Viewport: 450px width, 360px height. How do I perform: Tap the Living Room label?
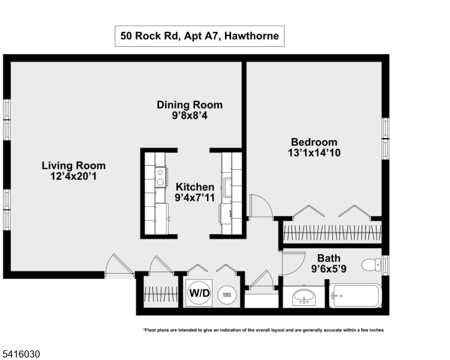(x=73, y=166)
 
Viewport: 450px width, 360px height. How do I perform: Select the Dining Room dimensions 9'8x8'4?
(x=190, y=116)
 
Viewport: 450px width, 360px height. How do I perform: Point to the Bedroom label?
(x=314, y=142)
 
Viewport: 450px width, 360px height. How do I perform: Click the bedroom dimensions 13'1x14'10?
(x=314, y=153)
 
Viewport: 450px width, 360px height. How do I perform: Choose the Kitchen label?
(x=194, y=187)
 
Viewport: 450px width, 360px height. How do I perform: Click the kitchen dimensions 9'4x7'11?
(x=194, y=197)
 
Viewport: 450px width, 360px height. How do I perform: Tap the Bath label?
(x=329, y=258)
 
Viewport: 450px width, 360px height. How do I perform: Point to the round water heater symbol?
(x=227, y=295)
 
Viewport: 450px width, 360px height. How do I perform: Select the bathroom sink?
(x=304, y=297)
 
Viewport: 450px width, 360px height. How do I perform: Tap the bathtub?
(x=355, y=296)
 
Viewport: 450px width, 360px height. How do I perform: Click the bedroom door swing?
(x=260, y=207)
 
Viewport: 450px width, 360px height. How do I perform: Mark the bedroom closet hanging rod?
(x=332, y=233)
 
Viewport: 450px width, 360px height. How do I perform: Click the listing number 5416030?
(x=20, y=355)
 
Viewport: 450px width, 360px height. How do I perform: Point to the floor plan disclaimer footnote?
(x=263, y=330)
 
